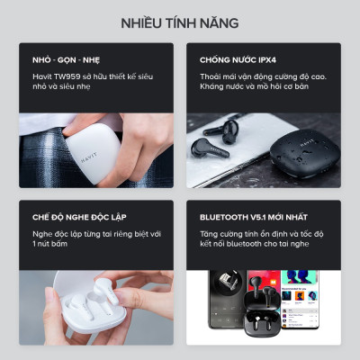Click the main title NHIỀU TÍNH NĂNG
[x=180, y=21]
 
